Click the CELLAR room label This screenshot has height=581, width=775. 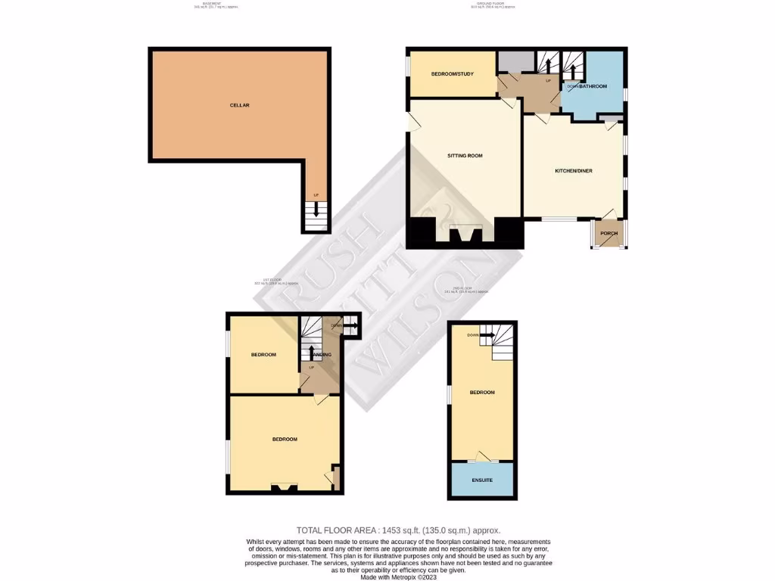coord(240,105)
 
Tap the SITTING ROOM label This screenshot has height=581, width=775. coord(465,156)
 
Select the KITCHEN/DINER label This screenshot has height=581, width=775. coord(574,171)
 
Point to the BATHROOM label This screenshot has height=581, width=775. coord(593,87)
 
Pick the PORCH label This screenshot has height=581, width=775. coord(608,233)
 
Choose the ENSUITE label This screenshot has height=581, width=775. coord(482,480)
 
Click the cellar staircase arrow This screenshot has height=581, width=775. coord(316,210)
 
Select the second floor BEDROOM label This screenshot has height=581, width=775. coord(482,393)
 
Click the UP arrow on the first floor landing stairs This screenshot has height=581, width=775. coord(312,353)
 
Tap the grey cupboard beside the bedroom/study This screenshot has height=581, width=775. coord(515,61)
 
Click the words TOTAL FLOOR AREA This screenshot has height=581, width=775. coord(336,530)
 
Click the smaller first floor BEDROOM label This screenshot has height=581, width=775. coord(263,355)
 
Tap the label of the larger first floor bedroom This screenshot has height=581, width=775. coord(285,440)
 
